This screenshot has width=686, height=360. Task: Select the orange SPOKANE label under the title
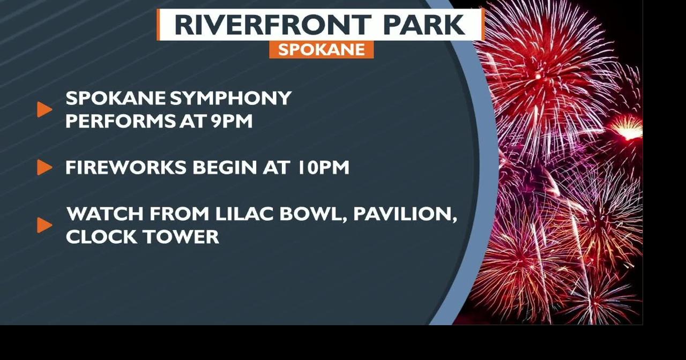click(322, 49)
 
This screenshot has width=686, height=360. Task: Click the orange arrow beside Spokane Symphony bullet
click(44, 110)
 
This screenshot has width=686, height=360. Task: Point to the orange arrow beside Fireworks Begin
click(44, 168)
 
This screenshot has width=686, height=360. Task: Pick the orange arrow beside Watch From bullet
click(44, 225)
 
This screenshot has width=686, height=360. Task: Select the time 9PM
click(231, 121)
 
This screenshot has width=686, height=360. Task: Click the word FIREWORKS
click(126, 168)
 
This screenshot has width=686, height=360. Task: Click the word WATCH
click(105, 214)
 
